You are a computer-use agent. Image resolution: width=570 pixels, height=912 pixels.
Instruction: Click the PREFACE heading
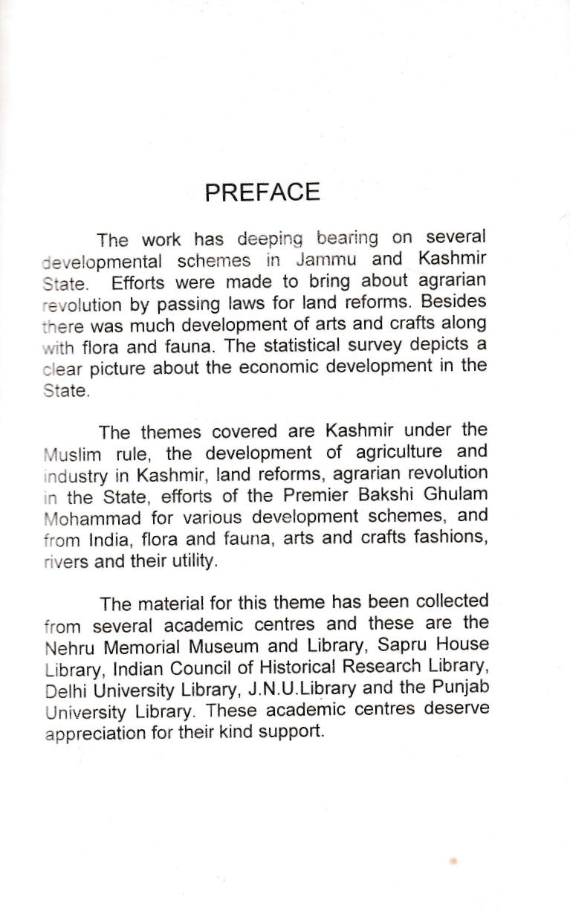tap(262, 192)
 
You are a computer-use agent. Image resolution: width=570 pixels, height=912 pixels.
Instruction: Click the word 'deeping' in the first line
tap(271, 239)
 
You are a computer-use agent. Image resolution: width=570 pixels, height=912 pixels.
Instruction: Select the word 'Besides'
tap(456, 302)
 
